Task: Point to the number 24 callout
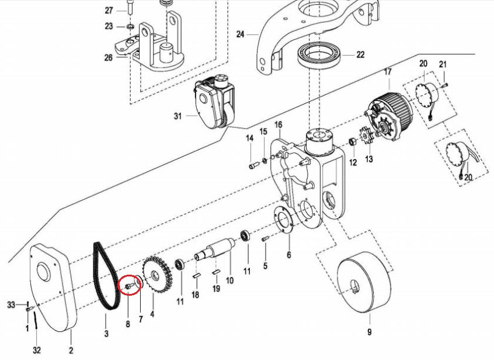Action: [x=239, y=34]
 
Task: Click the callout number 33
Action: [x=10, y=305]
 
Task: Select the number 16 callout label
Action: [x=278, y=125]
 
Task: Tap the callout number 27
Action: [x=109, y=11]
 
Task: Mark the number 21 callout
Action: [x=443, y=64]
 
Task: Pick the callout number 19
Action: [x=215, y=289]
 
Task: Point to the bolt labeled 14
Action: [x=253, y=165]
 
